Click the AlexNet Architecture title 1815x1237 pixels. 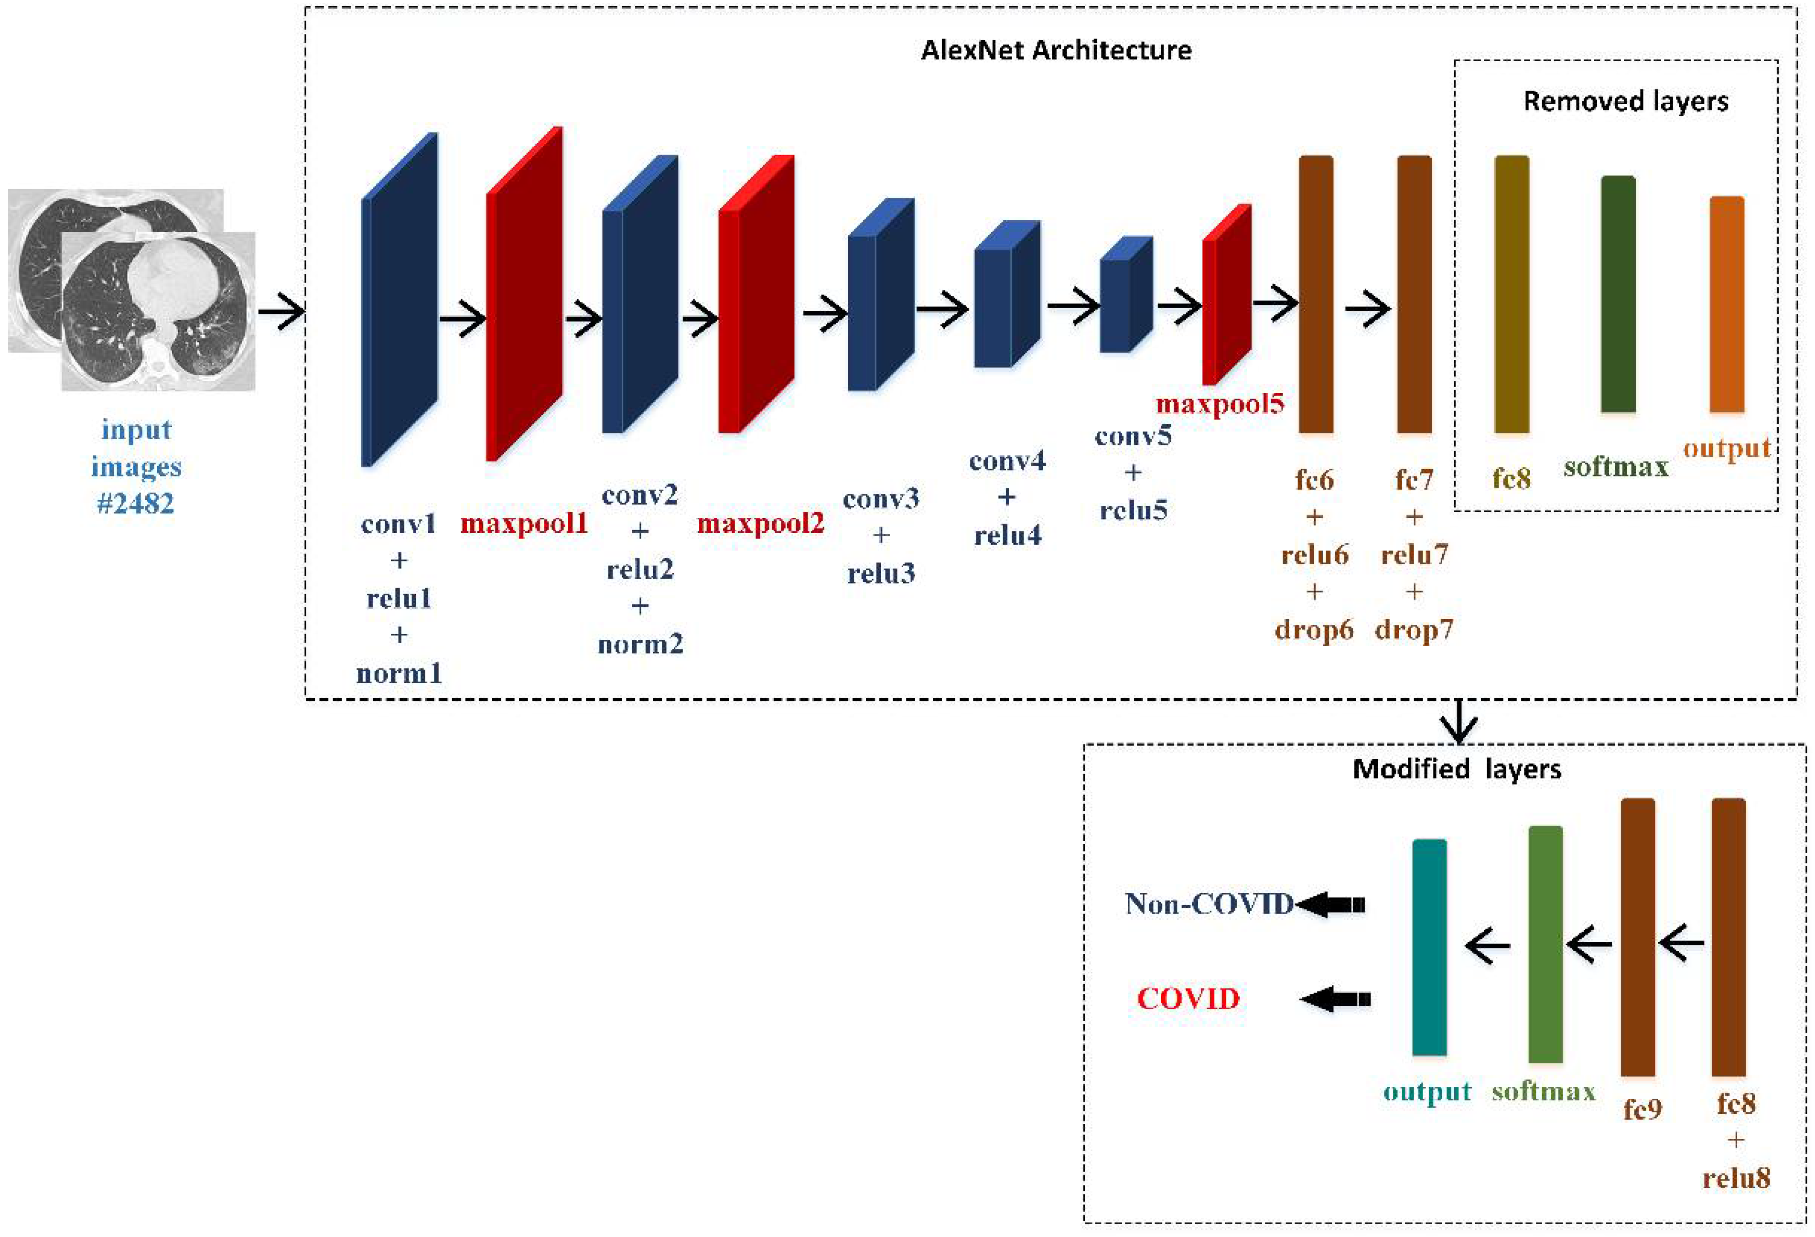click(x=1056, y=50)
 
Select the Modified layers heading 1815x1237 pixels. click(x=1457, y=769)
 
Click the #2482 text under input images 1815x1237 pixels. click(x=135, y=503)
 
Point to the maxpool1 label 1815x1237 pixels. click(x=523, y=522)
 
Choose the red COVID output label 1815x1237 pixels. click(x=1188, y=998)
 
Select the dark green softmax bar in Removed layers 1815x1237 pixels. click(x=1618, y=294)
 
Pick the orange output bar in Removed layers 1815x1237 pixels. click(x=1727, y=304)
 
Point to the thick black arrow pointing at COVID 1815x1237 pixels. click(x=1336, y=999)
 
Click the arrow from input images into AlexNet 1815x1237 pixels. click(x=281, y=312)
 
